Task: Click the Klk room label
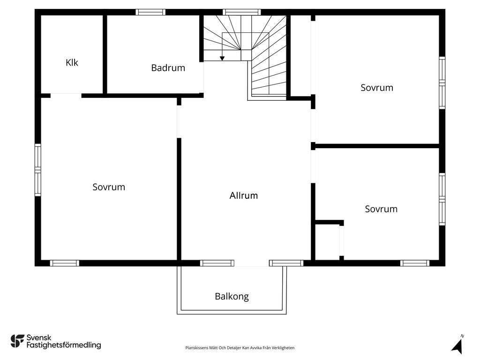click(x=72, y=62)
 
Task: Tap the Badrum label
click(x=168, y=68)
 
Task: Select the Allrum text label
click(x=244, y=196)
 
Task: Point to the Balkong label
click(x=232, y=297)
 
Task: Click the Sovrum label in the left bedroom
click(x=109, y=187)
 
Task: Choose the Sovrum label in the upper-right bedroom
click(x=377, y=88)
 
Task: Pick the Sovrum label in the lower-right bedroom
click(x=381, y=209)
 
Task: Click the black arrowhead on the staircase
click(x=222, y=58)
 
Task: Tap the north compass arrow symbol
click(x=457, y=345)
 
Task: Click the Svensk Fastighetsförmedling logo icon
click(x=17, y=341)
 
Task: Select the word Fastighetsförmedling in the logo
click(x=64, y=345)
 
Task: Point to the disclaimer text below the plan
click(x=240, y=348)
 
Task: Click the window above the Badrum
click(x=150, y=12)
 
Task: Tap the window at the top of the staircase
click(x=241, y=12)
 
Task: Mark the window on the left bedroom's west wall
click(x=38, y=170)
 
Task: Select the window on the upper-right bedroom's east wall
click(x=442, y=83)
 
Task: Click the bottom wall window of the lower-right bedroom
click(x=415, y=263)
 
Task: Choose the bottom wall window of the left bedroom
click(x=65, y=263)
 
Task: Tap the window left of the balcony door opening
click(x=217, y=263)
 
